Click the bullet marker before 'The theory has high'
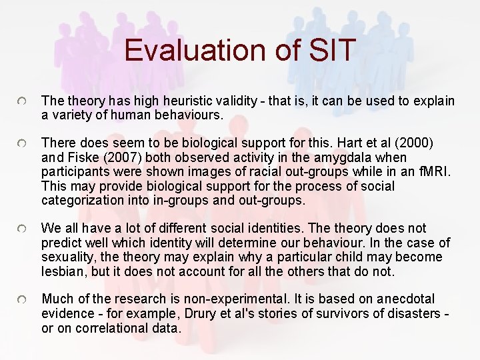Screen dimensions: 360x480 click(x=23, y=101)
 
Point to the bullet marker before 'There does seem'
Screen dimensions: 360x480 click(x=23, y=143)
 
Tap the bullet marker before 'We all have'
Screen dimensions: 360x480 click(x=23, y=229)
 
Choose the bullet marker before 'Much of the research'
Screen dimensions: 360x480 click(x=23, y=300)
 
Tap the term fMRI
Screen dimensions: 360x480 click(x=437, y=171)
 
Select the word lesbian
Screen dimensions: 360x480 click(x=61, y=271)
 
